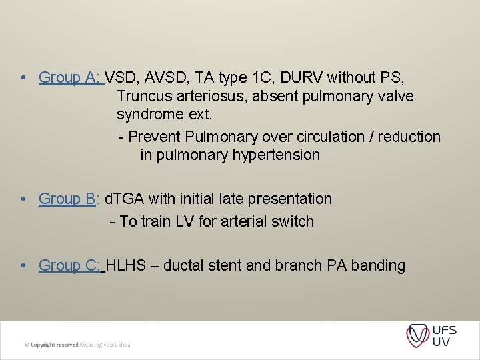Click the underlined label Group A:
(71, 77)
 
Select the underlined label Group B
(67, 199)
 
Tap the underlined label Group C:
(71, 265)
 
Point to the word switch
(291, 221)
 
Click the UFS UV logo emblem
(418, 335)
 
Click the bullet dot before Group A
(23, 78)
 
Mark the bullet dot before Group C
(23, 266)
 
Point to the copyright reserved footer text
(77, 344)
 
